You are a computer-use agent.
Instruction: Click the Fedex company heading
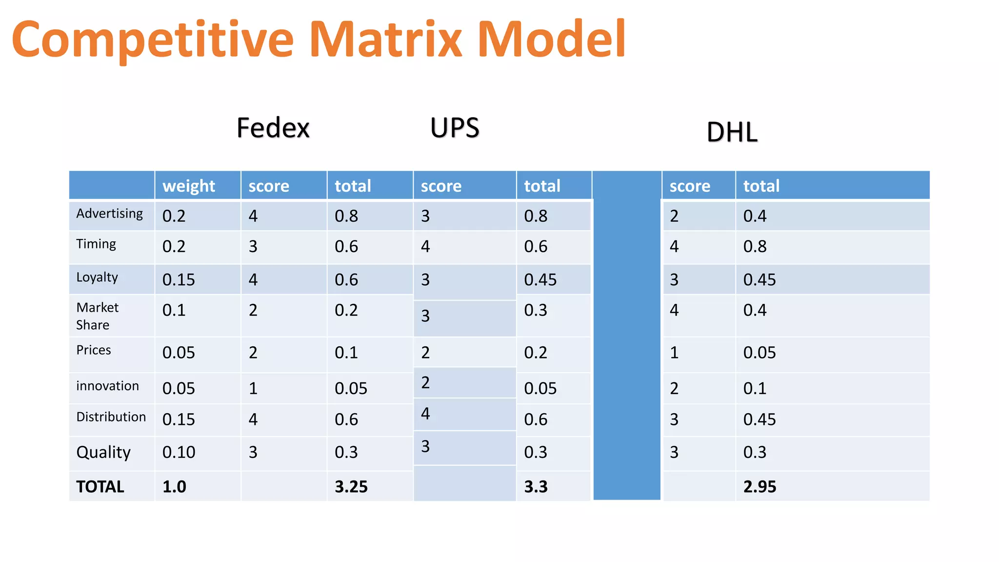point(273,128)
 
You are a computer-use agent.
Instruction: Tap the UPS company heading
point(455,128)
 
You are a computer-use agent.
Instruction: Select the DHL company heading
point(732,132)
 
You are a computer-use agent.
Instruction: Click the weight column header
point(189,186)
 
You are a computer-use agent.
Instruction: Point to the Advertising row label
point(110,214)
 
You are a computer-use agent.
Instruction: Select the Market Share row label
point(97,316)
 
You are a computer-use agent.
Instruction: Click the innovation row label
point(107,386)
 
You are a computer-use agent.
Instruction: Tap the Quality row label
point(103,452)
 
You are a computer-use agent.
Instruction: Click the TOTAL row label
point(100,486)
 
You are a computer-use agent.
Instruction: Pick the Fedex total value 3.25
point(351,486)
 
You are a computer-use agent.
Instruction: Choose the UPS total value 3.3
point(536,486)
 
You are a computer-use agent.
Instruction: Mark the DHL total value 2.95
point(759,486)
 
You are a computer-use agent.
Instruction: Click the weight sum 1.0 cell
point(174,486)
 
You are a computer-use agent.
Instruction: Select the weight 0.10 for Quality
point(179,452)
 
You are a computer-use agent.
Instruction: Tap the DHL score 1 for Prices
point(674,352)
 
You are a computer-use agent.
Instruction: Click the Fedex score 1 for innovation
point(253,388)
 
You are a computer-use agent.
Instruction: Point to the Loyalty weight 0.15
point(179,280)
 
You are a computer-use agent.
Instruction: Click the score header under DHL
point(690,186)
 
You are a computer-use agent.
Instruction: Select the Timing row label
point(96,244)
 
